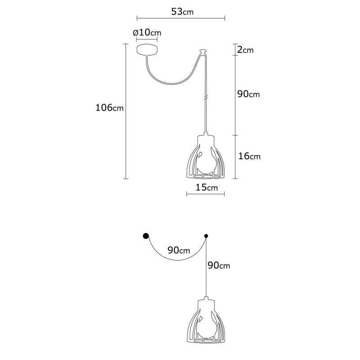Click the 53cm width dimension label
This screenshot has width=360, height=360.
click(182, 12)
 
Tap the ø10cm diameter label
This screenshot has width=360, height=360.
click(147, 33)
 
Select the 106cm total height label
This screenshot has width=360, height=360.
click(109, 108)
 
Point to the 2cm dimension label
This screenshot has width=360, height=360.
click(245, 50)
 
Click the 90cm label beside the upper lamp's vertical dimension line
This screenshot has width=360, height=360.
click(248, 94)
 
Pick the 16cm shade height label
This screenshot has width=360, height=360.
click(249, 156)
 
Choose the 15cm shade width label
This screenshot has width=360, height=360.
click(207, 188)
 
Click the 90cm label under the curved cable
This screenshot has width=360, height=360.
click(179, 250)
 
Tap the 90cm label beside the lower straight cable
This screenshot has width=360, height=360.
click(219, 265)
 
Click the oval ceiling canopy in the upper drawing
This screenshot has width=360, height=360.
click(147, 49)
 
